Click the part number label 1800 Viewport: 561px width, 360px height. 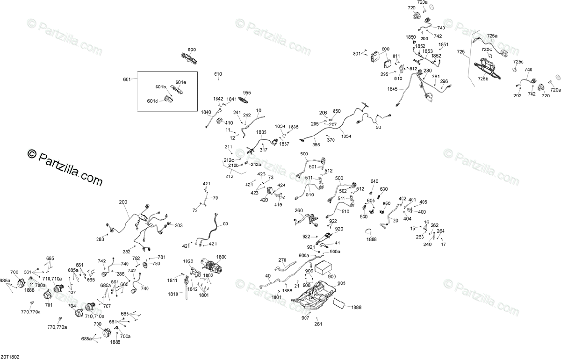tap(221, 257)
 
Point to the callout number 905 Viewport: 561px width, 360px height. tap(341, 283)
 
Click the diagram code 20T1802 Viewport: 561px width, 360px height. tap(10, 356)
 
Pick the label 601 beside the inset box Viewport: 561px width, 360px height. tap(127, 79)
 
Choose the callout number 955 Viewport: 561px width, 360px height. tap(247, 93)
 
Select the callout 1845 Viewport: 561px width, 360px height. tap(392, 89)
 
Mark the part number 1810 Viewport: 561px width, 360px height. tap(173, 294)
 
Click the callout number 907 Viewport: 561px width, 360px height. tap(305, 317)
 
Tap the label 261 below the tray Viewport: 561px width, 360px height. tap(318, 324)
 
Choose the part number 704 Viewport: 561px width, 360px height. tap(72, 306)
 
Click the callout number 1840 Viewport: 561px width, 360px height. tap(206, 112)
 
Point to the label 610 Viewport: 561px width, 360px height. tap(218, 74)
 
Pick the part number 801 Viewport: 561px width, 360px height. tap(357, 54)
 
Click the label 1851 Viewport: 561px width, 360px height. tap(443, 44)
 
